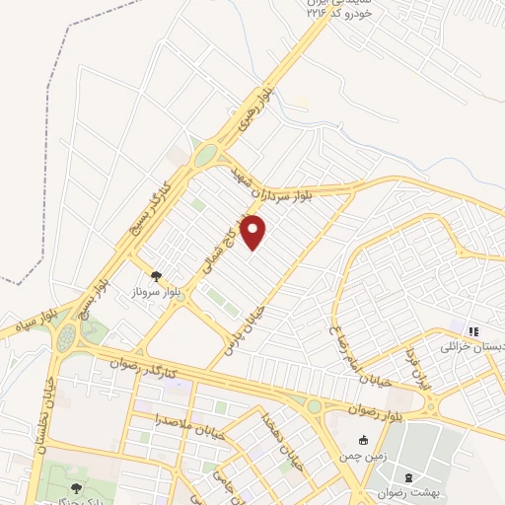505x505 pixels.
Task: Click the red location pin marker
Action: point(254,233)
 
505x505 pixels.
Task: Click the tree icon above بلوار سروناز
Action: point(156,276)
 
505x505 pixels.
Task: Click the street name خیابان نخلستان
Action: point(42,414)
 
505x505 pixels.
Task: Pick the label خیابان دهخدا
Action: point(272,440)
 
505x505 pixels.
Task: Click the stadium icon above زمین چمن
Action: point(363,441)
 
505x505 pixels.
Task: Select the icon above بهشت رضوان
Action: point(408,476)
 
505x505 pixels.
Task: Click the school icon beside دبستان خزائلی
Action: point(473,331)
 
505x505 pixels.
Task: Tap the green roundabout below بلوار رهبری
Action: point(205,155)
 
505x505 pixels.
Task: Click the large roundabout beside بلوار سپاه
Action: point(66,338)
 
